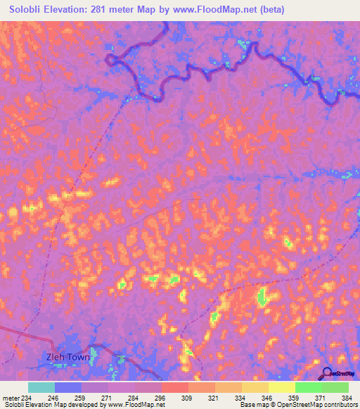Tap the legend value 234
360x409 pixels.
[x=28, y=398]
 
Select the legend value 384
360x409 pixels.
[x=347, y=398]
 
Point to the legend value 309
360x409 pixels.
[x=188, y=398]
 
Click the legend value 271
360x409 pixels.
[x=108, y=398]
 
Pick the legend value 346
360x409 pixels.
[x=268, y=398]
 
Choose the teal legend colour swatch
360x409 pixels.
[x=41, y=387]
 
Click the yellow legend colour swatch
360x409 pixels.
[x=282, y=387]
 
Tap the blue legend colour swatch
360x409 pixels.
[x=68, y=387]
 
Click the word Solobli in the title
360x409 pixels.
[x=30, y=10]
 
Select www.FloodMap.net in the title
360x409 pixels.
[x=223, y=10]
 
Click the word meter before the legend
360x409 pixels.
[x=11, y=398]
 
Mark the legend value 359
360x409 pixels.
[x=295, y=398]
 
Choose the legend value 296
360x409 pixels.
[x=161, y=398]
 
